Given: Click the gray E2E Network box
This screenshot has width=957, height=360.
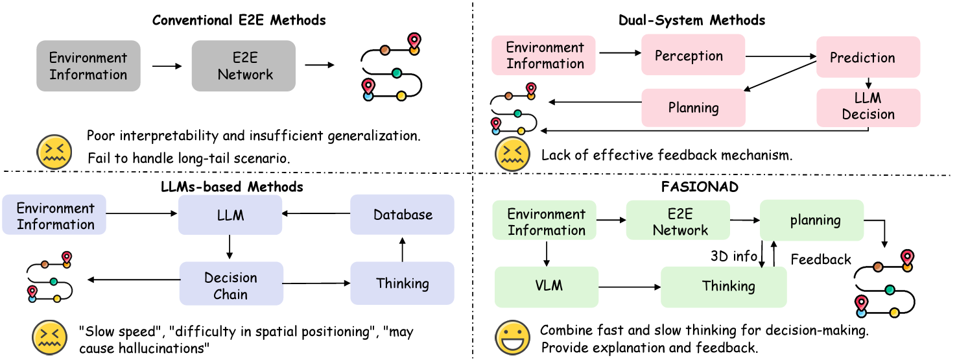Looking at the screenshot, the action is click(244, 66).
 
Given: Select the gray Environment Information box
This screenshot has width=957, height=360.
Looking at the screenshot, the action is click(88, 66).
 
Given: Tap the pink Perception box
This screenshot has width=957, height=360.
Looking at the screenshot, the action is click(693, 55).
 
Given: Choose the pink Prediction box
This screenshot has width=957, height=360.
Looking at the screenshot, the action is click(868, 57).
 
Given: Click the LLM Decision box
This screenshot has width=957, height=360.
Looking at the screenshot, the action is click(868, 108).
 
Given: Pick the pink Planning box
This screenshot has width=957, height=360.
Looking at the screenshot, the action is click(693, 108).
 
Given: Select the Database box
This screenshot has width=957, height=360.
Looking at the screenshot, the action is click(402, 215).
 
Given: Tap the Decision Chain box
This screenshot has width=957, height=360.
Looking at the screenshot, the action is click(231, 283).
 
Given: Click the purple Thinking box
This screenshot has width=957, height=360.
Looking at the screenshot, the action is click(402, 283).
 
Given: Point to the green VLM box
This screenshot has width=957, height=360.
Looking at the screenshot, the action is click(547, 287).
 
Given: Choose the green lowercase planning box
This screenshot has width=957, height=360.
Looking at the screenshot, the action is click(812, 220).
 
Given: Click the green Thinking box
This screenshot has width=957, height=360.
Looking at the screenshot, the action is click(724, 287).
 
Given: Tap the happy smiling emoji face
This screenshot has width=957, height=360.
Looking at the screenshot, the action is click(512, 338).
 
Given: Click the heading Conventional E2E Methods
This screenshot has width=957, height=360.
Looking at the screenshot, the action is click(239, 20).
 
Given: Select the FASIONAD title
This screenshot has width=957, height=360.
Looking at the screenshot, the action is click(700, 187).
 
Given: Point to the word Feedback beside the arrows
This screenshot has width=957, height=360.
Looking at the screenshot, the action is click(821, 259).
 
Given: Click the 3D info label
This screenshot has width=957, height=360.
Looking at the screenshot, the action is click(733, 256).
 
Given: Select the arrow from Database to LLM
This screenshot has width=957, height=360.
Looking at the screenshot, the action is click(316, 213).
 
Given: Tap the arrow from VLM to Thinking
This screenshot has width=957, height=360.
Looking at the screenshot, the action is click(630, 287).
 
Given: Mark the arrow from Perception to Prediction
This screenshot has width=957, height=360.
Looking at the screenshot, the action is click(781, 56).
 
